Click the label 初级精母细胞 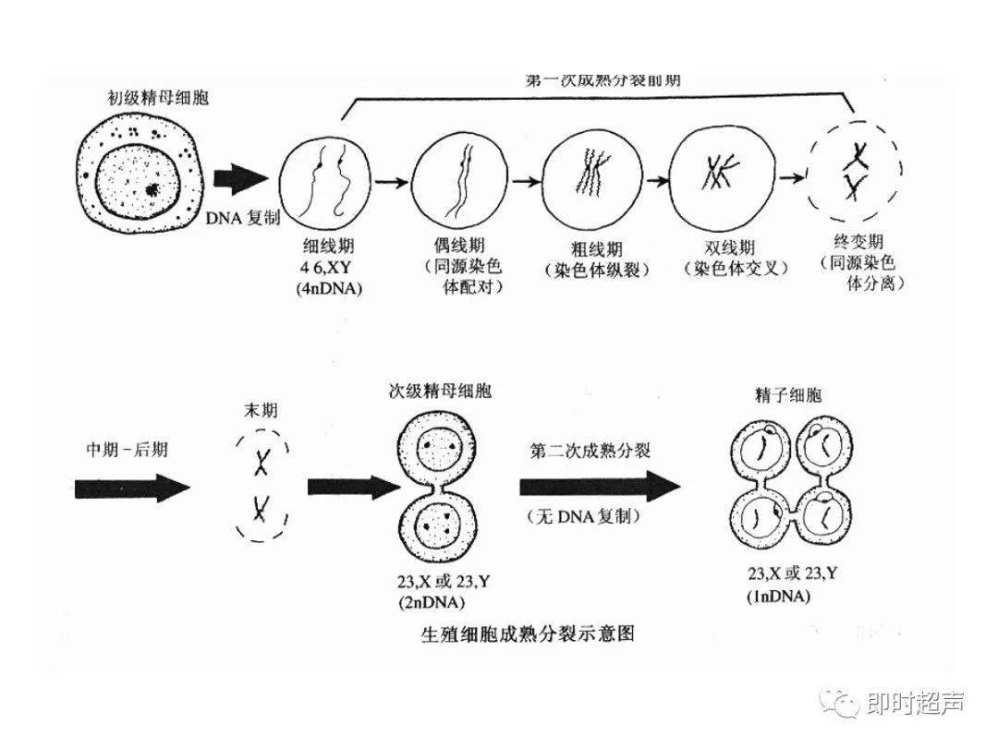[158, 96]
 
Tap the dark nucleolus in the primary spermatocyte [152, 191]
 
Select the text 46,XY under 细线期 [329, 268]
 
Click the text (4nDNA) [329, 288]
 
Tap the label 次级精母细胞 [439, 391]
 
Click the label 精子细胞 [787, 395]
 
